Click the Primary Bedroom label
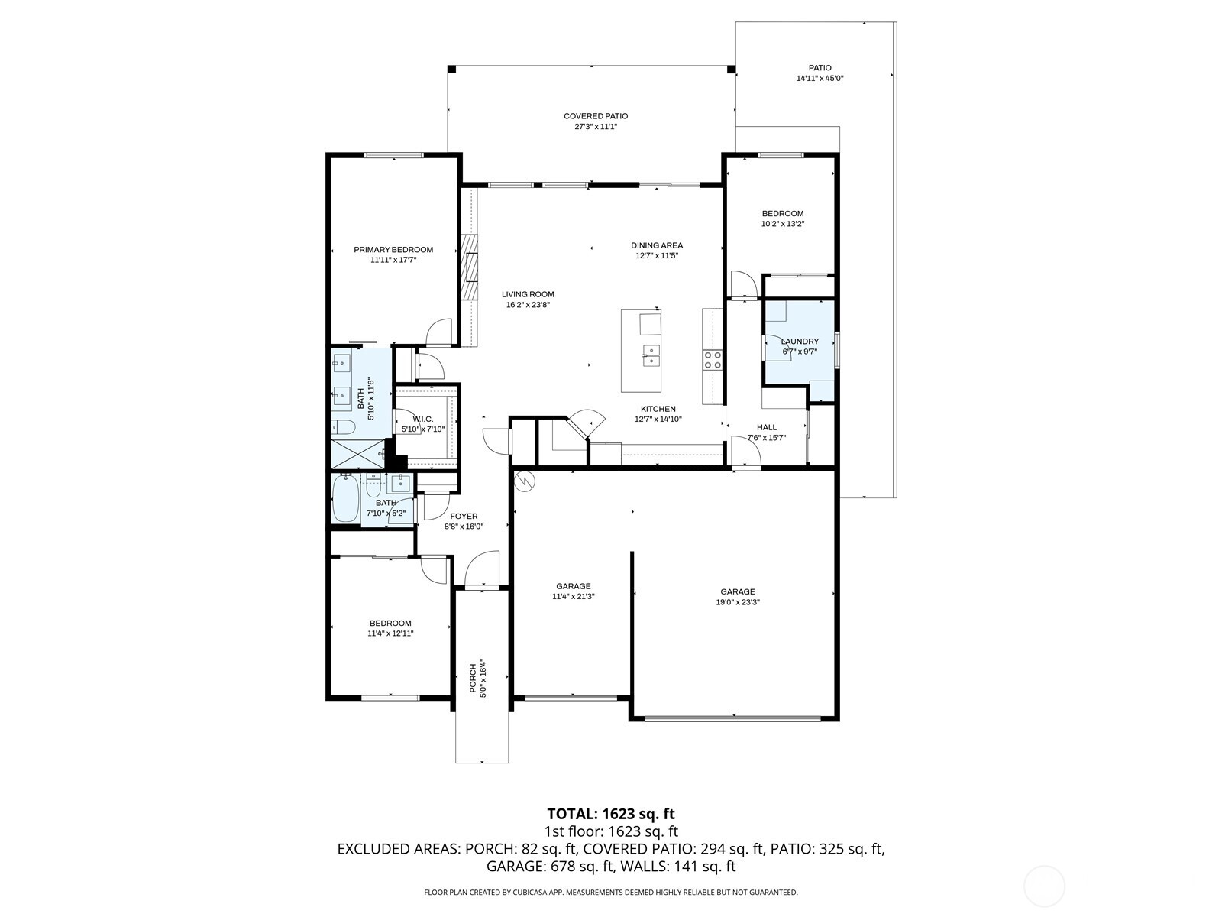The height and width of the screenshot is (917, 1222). tap(393, 250)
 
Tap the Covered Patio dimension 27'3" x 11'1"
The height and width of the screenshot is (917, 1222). tap(596, 127)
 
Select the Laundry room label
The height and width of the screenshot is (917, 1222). tap(800, 342)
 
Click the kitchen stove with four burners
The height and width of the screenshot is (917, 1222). tap(713, 360)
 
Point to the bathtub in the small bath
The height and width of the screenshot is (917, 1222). tap(346, 501)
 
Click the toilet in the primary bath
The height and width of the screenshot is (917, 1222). tap(344, 427)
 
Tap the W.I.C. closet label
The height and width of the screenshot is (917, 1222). tap(423, 419)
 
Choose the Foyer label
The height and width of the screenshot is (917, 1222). tap(464, 517)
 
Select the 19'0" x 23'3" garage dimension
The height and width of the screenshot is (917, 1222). tap(738, 602)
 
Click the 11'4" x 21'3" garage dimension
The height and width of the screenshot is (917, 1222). tap(573, 597)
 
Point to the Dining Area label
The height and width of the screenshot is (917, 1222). tap(657, 245)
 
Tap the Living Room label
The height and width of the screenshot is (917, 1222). tap(528, 294)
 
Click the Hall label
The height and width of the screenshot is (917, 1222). tap(767, 427)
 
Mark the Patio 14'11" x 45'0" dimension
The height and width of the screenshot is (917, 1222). tap(820, 79)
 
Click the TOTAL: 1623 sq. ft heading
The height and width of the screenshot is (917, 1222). tap(611, 814)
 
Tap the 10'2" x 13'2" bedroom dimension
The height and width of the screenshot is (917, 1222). tap(783, 224)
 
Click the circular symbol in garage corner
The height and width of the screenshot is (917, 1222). tap(525, 481)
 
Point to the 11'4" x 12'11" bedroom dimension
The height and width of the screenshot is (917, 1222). tap(390, 633)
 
